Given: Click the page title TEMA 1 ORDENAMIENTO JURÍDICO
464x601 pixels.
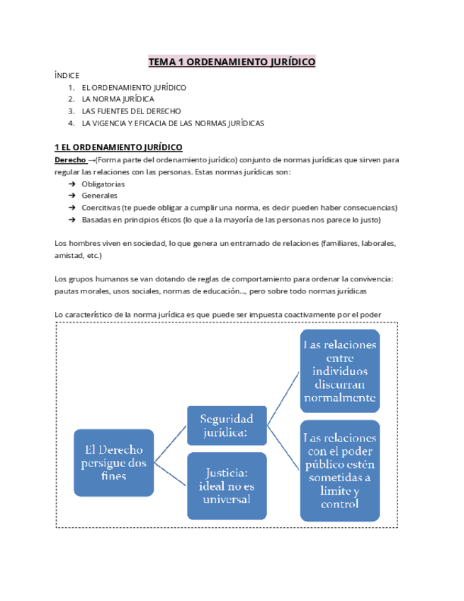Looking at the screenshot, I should pos(232,62).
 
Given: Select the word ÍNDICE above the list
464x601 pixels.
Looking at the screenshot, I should pos(67,75).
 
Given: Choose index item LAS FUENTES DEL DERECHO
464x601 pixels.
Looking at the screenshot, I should pos(131,111).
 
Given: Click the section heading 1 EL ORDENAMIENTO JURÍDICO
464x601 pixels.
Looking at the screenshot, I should pos(118,147).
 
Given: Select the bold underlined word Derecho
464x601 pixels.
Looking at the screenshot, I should pos(70,159).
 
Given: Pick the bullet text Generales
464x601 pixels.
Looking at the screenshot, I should pos(99,196).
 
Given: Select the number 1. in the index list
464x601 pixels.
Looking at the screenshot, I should pos(72,87).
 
